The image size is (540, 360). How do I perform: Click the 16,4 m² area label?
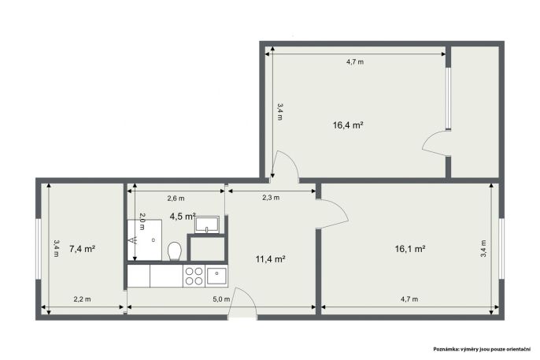(x=348, y=125)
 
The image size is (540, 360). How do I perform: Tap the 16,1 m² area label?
(x=410, y=249)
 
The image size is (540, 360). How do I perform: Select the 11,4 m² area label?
(x=270, y=259)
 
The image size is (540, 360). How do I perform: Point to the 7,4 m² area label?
(x=83, y=249)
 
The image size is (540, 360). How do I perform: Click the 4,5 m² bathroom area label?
(x=183, y=217)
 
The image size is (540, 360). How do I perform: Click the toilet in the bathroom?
(x=175, y=251)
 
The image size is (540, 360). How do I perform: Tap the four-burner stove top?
(x=194, y=276)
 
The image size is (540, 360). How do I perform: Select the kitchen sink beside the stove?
(x=216, y=276)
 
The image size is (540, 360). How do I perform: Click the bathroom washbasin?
(x=207, y=225)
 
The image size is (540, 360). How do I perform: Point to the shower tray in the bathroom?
(x=145, y=239)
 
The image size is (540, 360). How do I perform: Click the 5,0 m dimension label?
(x=221, y=299)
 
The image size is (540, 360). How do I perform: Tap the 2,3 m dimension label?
(x=271, y=198)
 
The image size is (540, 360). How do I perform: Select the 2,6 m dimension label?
(x=176, y=199)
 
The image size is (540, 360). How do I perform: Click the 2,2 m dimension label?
(x=83, y=299)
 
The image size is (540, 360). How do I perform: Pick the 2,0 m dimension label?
(x=142, y=221)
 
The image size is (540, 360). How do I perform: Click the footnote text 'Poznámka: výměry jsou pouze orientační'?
(x=482, y=349)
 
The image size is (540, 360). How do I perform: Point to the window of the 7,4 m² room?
(x=39, y=249)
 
